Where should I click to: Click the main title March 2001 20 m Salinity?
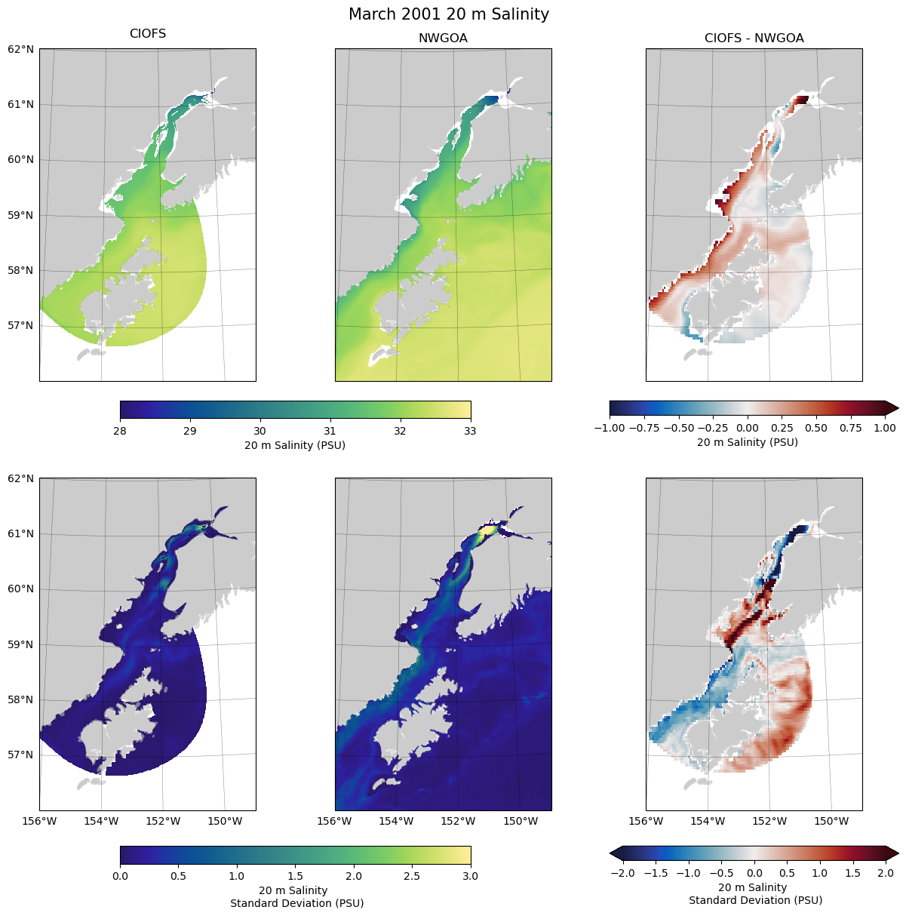449,14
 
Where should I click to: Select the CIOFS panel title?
148,34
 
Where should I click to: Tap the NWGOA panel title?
443,38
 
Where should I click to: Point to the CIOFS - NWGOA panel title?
754,38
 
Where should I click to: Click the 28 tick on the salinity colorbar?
120,431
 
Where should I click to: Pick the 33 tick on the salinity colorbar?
470,431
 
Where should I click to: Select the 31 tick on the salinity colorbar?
330,431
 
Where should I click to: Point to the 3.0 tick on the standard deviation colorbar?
470,876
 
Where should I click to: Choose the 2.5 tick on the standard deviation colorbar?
412,876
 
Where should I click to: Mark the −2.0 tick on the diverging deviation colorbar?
621,873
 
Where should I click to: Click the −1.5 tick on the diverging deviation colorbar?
656,873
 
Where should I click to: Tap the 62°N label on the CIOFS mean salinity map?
21,50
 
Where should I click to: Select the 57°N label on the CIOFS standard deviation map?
21,755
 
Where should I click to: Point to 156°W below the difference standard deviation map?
646,821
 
